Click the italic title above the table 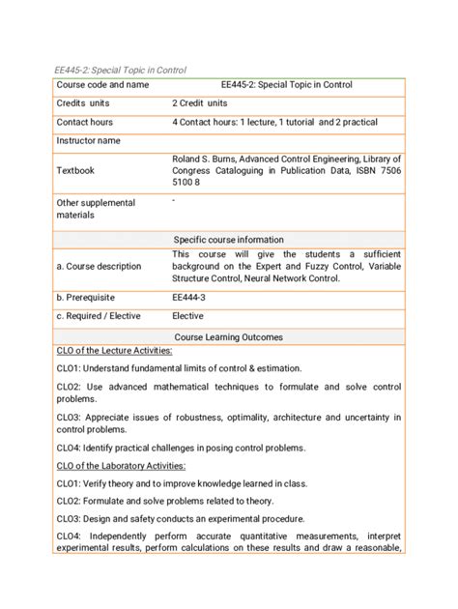pos(120,70)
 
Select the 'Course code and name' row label pos(102,85)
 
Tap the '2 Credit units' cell pos(200,103)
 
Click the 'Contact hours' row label pos(84,123)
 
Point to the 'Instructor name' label pos(88,141)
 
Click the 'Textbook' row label pos(75,170)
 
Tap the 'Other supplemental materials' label pos(95,209)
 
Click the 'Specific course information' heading pos(228,240)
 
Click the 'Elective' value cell pos(188,317)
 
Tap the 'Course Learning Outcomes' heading pos(228,337)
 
